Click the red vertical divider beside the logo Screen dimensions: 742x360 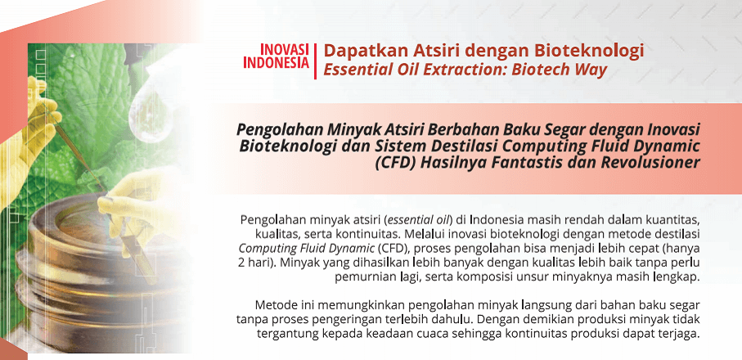pos(316,61)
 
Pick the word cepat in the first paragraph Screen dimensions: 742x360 pos(635,250)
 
